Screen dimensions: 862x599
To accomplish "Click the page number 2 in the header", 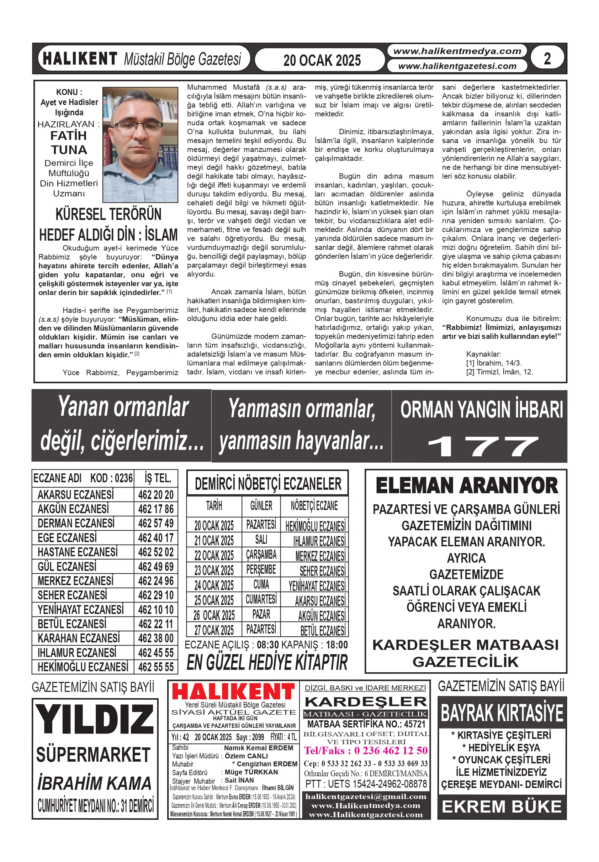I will pos(547,59).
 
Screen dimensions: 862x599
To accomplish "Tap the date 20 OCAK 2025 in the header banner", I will pos(322,60).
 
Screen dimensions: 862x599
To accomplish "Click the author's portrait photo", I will pos(140,144).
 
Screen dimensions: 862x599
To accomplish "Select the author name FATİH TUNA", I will pos(69,143).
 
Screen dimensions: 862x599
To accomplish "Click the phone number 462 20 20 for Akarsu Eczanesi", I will pos(156,494).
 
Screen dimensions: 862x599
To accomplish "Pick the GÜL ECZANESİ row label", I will pos(67,566).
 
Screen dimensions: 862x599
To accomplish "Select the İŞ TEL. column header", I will pos(158,478).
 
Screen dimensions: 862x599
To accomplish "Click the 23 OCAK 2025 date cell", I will pos(214,570).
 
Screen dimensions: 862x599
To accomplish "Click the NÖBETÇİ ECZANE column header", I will pos(314,506).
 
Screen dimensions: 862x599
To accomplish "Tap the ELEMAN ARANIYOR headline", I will pos(467,485).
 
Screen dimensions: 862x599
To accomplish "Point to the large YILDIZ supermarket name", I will pos(95,719).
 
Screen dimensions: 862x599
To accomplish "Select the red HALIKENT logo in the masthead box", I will pos(233,692).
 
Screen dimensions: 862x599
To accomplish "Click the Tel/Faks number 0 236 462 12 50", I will pos(390,751).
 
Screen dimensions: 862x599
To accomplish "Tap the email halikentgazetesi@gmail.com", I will pos(366,797).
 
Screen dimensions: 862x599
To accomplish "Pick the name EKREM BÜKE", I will pos(502,806).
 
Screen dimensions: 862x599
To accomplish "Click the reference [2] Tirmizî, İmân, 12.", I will pos(499,372).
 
